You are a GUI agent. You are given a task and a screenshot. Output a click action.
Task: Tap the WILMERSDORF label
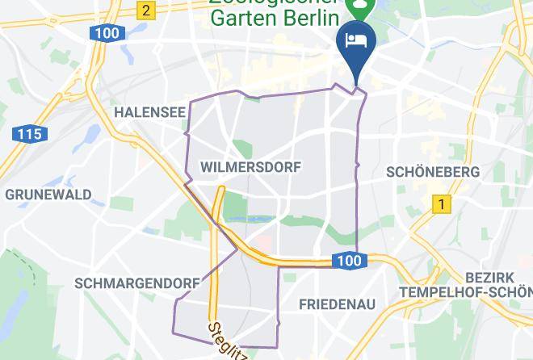(250, 167)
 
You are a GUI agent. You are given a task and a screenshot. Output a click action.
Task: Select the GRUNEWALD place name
(48, 195)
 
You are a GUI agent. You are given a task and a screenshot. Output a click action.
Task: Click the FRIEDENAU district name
(337, 304)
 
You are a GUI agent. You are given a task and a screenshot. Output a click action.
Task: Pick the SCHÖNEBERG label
(433, 172)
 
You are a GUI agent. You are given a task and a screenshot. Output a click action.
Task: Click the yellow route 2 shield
(145, 10)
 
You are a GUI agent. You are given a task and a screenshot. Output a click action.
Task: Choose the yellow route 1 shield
(440, 204)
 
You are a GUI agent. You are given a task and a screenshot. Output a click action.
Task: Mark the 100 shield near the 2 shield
(106, 33)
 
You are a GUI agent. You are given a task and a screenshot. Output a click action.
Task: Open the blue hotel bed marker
(356, 40)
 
